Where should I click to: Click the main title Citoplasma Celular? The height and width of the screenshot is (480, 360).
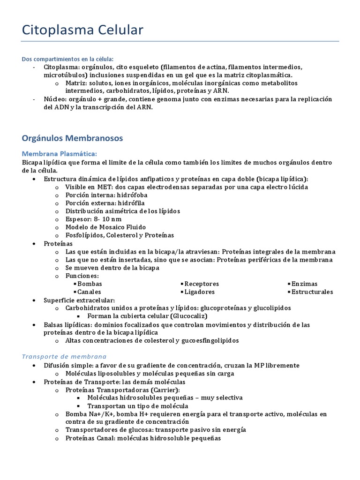click(83, 30)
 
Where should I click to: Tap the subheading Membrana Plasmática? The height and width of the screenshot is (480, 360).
click(60, 153)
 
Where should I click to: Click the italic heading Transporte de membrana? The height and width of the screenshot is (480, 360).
click(64, 356)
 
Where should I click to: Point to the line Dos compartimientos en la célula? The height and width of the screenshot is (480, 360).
click(67, 59)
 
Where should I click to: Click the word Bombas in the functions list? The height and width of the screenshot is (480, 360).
click(90, 284)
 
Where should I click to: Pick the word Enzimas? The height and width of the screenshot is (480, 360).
click(304, 284)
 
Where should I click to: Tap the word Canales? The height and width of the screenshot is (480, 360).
click(90, 292)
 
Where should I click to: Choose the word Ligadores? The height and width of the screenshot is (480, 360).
click(199, 292)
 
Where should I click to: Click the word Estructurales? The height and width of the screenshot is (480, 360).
click(312, 292)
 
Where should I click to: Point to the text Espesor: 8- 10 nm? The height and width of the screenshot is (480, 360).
click(93, 219)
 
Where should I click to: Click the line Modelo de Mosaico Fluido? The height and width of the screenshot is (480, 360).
click(105, 227)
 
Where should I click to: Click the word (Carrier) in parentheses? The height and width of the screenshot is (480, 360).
click(165, 390)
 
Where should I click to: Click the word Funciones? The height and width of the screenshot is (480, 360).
click(82, 276)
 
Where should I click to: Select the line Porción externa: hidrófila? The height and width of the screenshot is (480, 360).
click(105, 203)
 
